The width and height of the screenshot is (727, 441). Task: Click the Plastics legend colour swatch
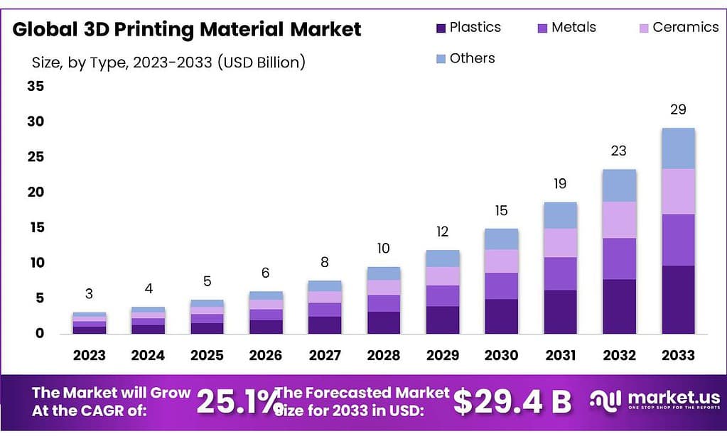coord(440,28)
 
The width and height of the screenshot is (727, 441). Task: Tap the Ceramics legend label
coord(685,28)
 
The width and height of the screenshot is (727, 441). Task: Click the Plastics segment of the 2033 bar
coord(677,299)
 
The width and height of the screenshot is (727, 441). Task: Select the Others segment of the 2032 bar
coord(619,185)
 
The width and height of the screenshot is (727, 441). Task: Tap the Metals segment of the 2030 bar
coord(502,285)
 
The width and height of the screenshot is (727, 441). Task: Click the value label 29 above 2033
coord(677,110)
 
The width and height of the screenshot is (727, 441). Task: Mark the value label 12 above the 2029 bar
coord(443,232)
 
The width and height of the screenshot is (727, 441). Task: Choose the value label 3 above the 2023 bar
coord(89,294)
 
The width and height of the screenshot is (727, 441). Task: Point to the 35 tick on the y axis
coord(35,87)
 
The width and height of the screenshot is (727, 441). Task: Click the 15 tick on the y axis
coord(35,227)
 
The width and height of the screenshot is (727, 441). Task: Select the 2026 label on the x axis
coord(265,355)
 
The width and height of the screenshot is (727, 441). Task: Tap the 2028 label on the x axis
coord(384,355)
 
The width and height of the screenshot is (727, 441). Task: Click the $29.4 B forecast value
coord(512,402)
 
